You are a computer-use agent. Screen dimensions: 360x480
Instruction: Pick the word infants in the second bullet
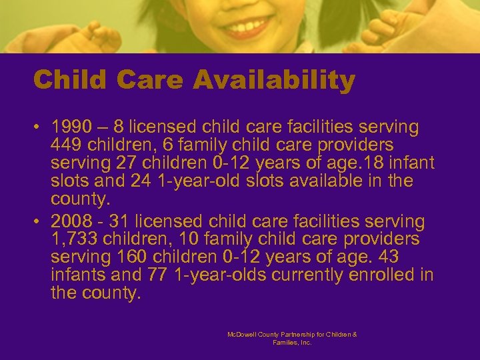[x=75, y=275]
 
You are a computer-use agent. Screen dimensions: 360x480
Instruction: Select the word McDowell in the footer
[x=241, y=334]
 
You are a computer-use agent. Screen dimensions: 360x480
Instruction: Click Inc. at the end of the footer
[x=305, y=342]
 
